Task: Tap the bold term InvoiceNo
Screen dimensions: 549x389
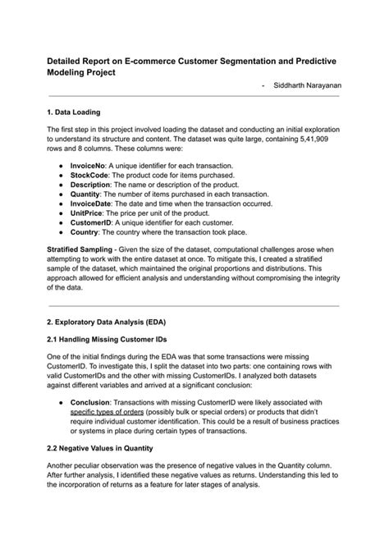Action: pos(89,165)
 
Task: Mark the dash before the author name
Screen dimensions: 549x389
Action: pos(262,86)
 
